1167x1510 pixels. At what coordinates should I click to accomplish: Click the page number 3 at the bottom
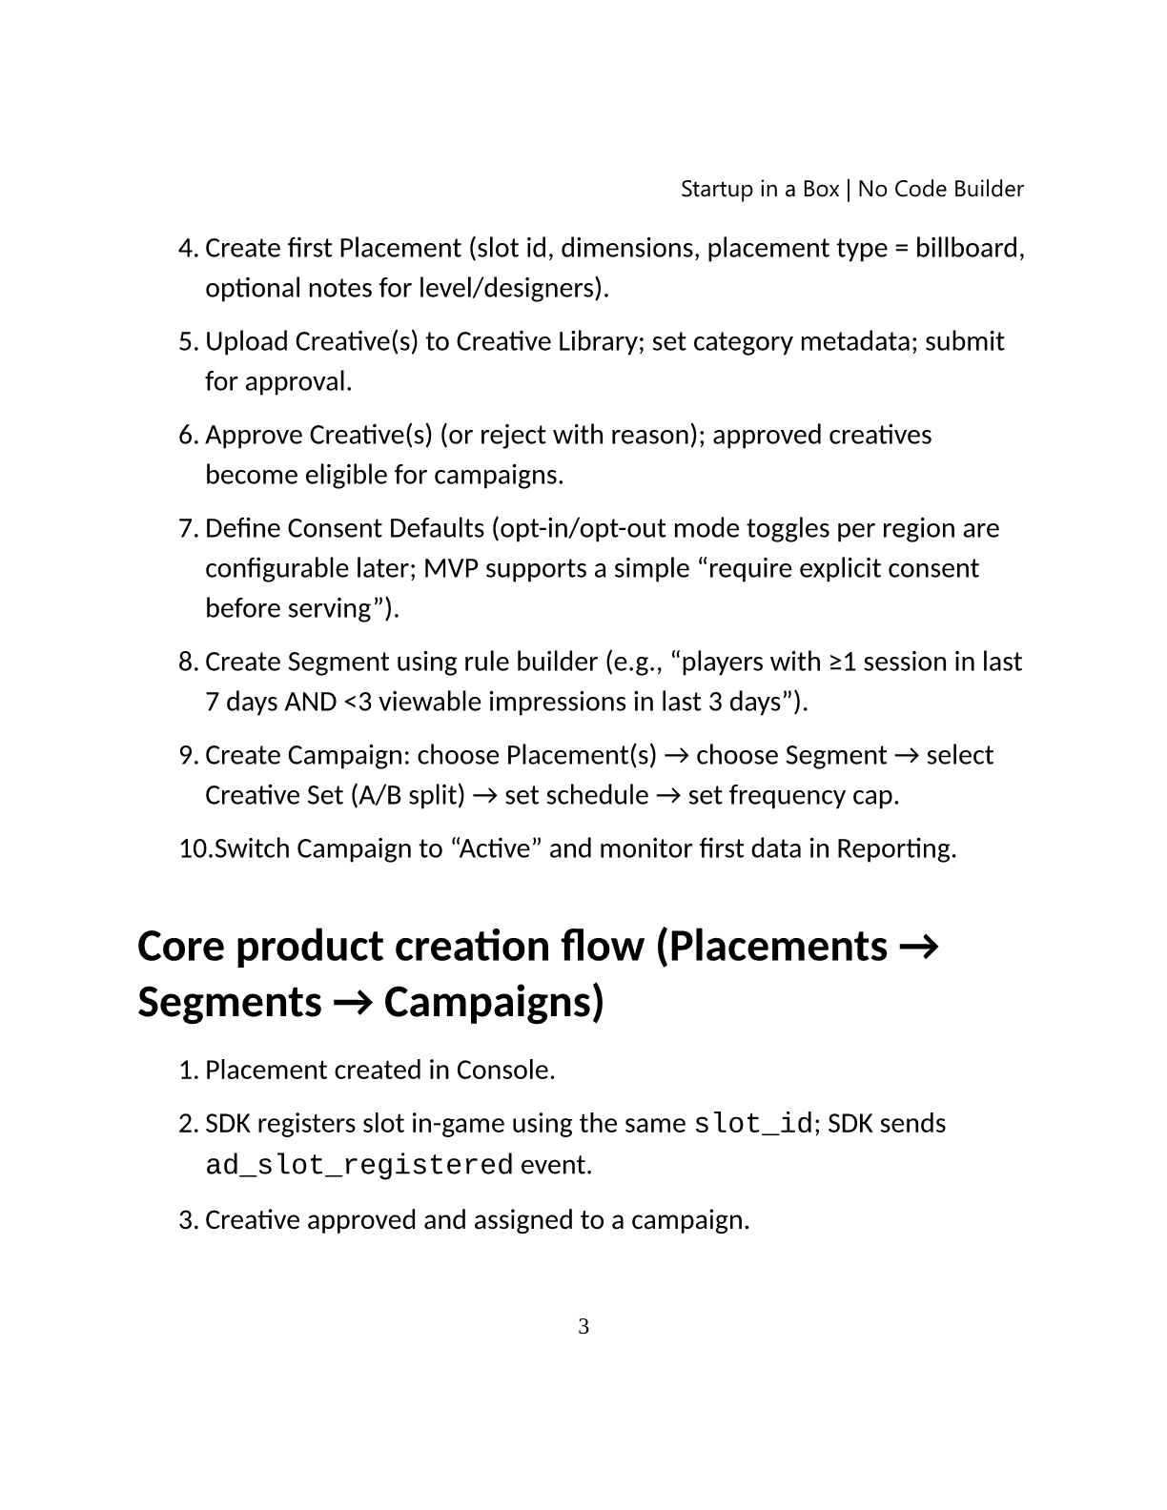pos(583,1326)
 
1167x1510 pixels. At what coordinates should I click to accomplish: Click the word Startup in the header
pos(717,190)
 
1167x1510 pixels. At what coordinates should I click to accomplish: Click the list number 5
pos(188,341)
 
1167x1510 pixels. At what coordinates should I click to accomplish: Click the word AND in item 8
pos(310,702)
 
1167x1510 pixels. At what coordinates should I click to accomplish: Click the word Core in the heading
pos(180,946)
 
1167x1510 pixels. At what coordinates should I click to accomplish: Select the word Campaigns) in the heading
pos(494,1002)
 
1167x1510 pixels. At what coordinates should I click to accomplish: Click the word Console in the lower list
pos(503,1070)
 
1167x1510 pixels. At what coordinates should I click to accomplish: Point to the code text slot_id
pos(753,1124)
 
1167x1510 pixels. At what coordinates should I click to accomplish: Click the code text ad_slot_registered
pos(359,1165)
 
